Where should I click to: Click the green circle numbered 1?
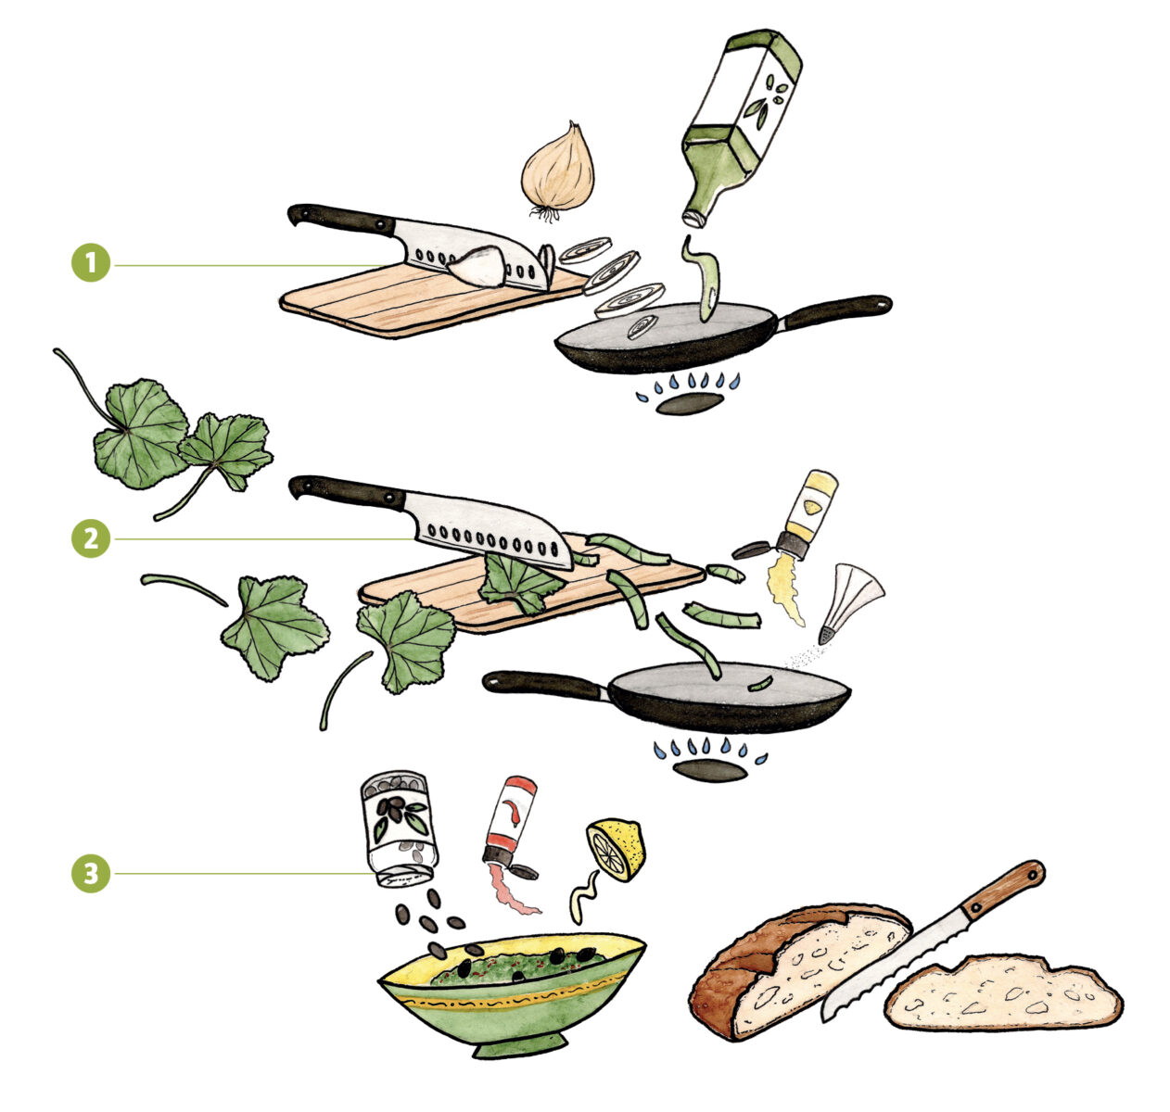(91, 262)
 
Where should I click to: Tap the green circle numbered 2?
(91, 538)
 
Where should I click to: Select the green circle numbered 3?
(91, 874)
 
